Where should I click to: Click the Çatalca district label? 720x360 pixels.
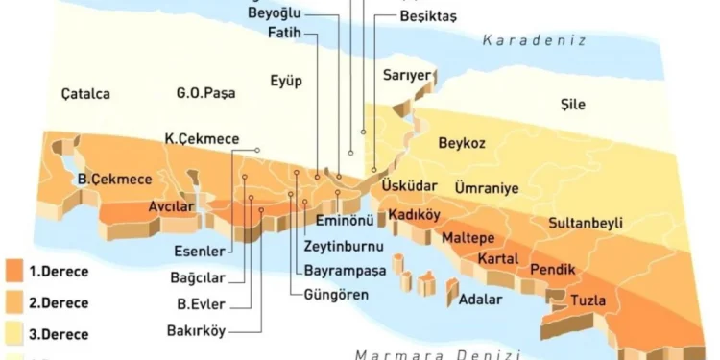click(x=84, y=94)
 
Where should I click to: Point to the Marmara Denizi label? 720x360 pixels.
click(x=437, y=353)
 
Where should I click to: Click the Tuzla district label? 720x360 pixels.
click(x=588, y=300)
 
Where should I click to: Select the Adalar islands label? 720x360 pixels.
click(x=481, y=300)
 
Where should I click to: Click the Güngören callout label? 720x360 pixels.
click(x=336, y=294)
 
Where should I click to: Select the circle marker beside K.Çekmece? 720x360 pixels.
click(x=257, y=150)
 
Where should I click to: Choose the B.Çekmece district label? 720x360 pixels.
click(x=115, y=179)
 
